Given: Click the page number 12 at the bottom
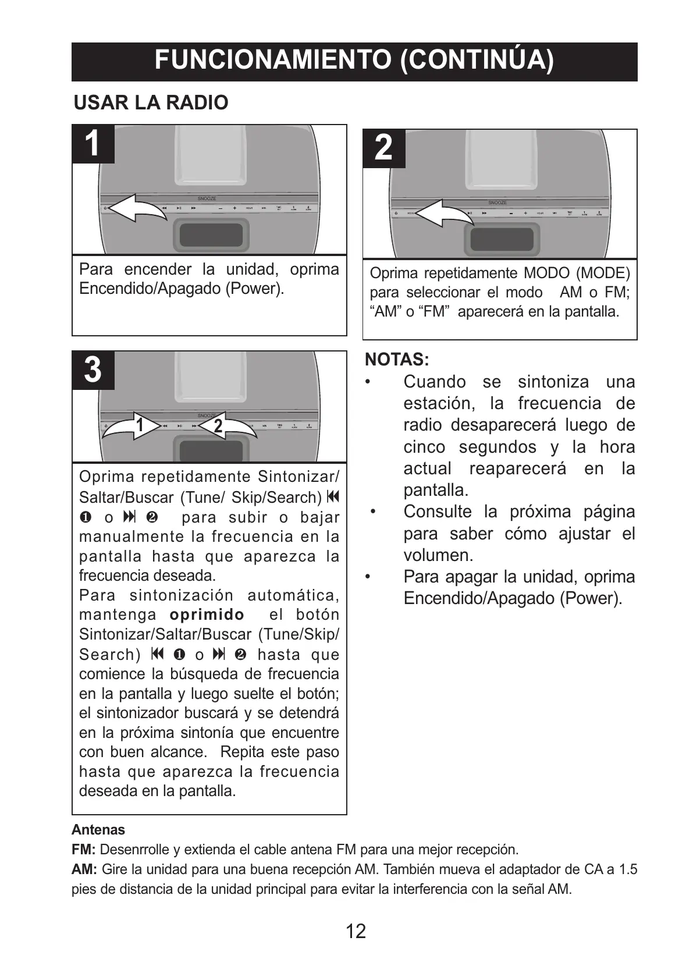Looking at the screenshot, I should (356, 931).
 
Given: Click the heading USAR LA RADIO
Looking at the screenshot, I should (151, 102).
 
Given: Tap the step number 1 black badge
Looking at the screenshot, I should (93, 144).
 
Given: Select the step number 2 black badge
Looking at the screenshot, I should (383, 148).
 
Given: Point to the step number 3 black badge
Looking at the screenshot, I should (93, 370).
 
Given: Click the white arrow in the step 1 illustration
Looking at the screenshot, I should (137, 208).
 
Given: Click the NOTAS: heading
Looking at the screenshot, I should (397, 360).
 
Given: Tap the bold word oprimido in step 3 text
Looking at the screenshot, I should (207, 615).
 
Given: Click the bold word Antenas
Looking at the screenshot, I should (98, 830).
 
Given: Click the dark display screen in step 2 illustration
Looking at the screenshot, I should (502, 239).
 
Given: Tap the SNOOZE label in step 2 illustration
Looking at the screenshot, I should (497, 203).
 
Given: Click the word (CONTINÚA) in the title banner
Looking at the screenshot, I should (477, 61).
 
